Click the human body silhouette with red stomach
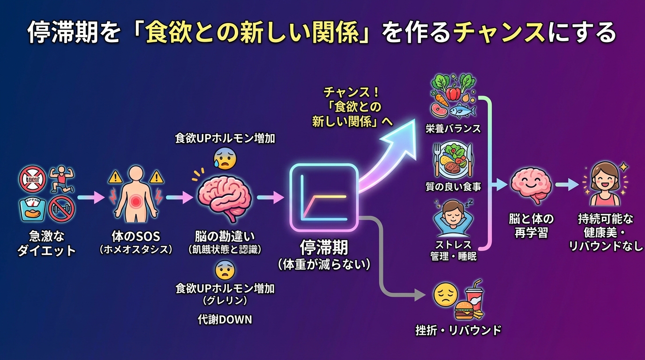coord(136,197)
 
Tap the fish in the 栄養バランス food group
coord(463,111)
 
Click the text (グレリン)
coord(225,300)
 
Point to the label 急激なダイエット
coord(46,242)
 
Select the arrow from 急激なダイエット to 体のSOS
coord(90,198)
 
